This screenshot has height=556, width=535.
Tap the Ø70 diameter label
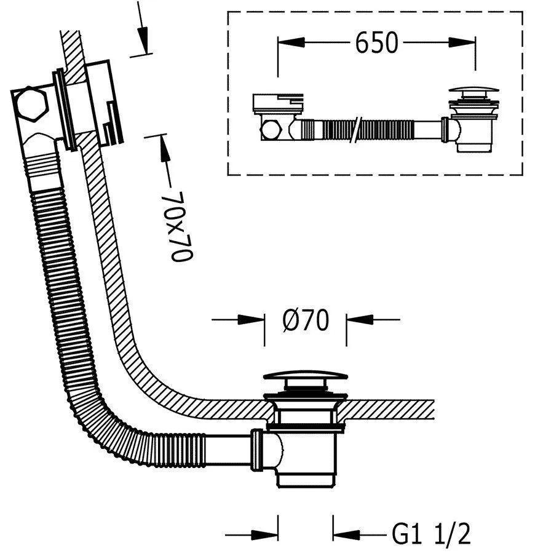(305, 320)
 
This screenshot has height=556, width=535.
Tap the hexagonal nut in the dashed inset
(270, 130)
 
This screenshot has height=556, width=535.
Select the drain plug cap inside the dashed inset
(471, 93)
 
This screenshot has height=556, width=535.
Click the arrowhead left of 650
(289, 42)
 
